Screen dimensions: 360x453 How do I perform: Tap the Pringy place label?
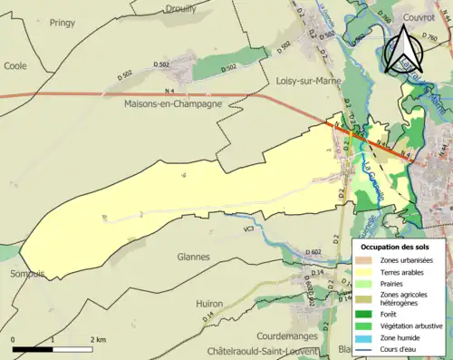click(x=63, y=22)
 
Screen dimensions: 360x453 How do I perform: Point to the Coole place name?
click(x=15, y=65)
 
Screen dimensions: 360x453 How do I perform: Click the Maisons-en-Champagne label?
click(x=175, y=105)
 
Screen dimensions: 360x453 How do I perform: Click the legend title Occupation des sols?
click(x=396, y=247)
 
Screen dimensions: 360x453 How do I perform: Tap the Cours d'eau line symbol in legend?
click(x=363, y=347)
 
